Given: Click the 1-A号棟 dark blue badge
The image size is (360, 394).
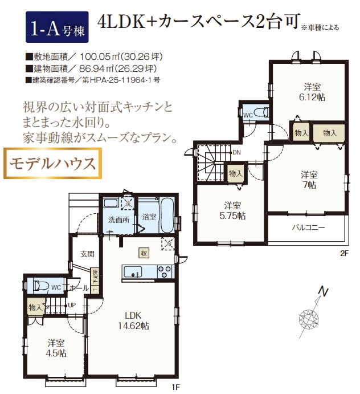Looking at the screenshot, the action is point(57,27).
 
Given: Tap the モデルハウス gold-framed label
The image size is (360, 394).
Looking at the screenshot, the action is point(52,163).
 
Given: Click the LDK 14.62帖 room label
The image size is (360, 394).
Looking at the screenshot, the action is point(133,320).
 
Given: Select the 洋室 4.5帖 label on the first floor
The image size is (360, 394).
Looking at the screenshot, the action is point(56,348).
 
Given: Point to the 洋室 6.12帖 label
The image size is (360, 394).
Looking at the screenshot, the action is point(312,92).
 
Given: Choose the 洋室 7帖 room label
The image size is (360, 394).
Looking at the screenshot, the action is point(309,180).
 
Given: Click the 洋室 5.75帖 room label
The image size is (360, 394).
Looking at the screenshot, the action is point(232,210).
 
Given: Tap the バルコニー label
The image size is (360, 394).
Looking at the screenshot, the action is point(308,228).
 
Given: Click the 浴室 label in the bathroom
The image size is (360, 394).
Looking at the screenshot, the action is point(149,217).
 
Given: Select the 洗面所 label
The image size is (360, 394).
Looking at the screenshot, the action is point(118,220).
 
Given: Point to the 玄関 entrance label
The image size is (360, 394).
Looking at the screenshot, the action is point(87,254).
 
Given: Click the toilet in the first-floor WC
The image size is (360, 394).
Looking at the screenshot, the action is point(41,286).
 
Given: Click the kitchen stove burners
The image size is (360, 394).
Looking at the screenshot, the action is point(165,271).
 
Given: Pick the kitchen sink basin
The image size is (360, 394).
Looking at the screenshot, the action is point(133,272).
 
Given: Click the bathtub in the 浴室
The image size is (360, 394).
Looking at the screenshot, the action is point(167,216).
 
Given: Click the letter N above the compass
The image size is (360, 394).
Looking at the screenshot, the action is point(324,293).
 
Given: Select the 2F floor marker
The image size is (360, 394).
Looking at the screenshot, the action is point(345,253).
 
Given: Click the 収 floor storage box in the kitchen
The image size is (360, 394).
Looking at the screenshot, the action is point(144,253).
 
